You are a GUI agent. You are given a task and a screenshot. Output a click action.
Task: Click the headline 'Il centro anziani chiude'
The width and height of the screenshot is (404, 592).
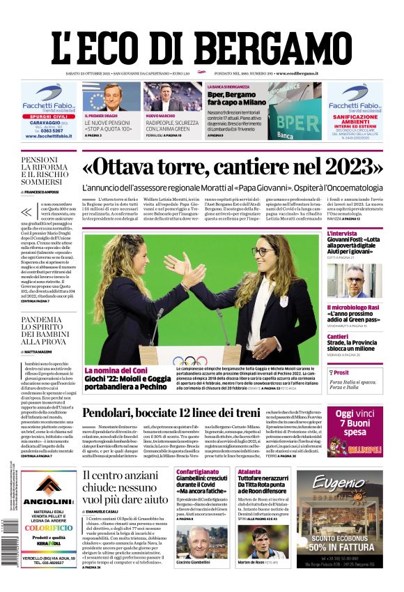click(x=125, y=487)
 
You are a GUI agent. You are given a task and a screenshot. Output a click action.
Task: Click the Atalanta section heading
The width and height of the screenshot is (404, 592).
click(x=249, y=472)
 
